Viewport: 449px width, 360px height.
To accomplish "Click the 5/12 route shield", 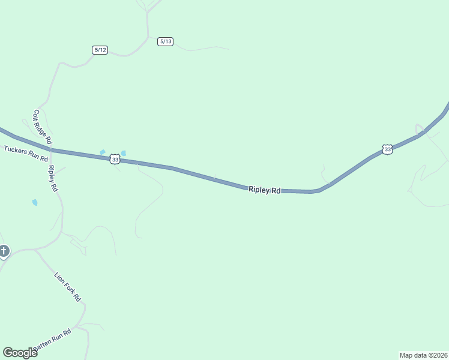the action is click(100, 50).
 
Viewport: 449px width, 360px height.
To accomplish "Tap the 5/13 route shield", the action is click(166, 41).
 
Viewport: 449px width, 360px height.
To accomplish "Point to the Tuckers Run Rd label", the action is click(25, 153).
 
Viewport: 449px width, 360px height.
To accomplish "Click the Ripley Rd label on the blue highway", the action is click(264, 190).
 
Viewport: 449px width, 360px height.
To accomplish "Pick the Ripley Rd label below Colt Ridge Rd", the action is click(53, 178).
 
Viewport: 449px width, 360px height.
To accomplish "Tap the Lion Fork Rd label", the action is click(67, 287).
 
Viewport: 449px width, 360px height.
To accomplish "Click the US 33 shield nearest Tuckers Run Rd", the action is click(115, 159).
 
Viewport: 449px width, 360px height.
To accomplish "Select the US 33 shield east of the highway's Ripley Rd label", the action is click(387, 149).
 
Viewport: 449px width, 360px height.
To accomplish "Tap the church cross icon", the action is click(4, 251).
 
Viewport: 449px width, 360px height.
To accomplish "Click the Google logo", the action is click(20, 353).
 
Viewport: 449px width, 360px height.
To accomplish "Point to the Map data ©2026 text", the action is click(423, 355).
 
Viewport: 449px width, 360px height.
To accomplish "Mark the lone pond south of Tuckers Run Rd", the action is click(35, 203).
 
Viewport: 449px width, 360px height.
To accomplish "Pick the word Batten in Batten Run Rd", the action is click(44, 343).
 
